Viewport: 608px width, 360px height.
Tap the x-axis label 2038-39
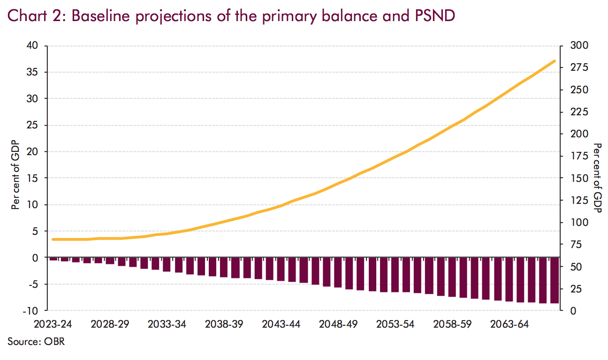tap(224, 324)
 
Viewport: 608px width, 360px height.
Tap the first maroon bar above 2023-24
tap(53, 259)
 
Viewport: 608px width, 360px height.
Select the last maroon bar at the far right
tap(553, 280)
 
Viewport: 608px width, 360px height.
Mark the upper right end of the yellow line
tap(555, 61)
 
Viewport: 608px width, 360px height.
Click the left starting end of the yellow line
tap(53, 239)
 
